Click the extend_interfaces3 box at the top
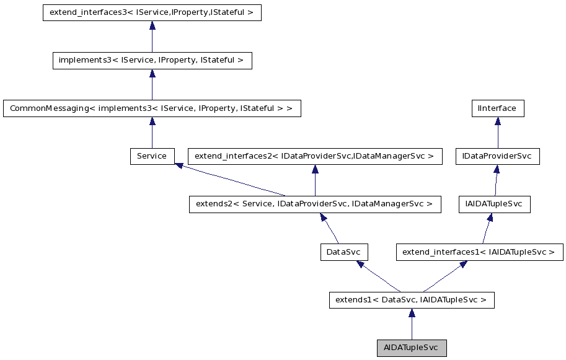tap(152, 12)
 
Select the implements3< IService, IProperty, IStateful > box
tap(152, 60)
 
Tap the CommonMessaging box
tap(152, 108)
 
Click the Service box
tap(152, 156)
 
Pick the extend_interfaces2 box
tap(315, 156)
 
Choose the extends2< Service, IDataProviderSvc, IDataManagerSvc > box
tap(315, 204)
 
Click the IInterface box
tap(497, 108)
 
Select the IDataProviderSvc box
tap(497, 156)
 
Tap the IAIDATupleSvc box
tap(494, 204)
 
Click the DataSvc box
tap(344, 252)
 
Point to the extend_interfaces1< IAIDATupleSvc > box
tap(479, 252)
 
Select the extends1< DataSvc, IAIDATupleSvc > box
tap(412, 300)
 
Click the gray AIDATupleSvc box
tap(412, 348)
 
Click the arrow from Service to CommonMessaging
tap(152, 133)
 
